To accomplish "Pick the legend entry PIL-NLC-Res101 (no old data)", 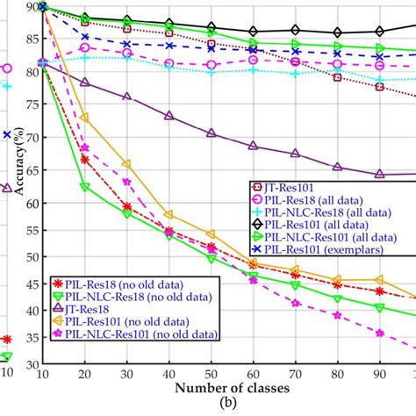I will pos(145,334).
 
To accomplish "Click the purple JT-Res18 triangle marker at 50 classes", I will pos(212,133).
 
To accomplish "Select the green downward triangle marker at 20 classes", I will pos(85,187).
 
